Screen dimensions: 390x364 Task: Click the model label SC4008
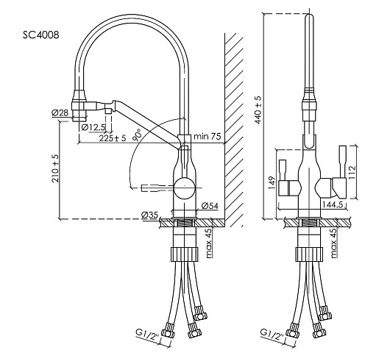point(41,35)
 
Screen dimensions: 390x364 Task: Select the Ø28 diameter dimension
point(60,113)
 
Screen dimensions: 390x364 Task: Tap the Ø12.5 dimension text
point(93,127)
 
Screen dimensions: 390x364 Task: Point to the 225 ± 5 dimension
point(113,138)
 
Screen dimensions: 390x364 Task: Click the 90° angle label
point(137,135)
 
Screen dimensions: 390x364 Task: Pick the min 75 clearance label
point(208,136)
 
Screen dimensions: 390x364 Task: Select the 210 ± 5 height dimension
point(55,168)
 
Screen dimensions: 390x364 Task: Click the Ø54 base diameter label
point(210,206)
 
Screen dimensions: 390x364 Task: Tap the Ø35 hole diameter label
point(149,215)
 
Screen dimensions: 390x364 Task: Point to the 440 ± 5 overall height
point(258,110)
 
